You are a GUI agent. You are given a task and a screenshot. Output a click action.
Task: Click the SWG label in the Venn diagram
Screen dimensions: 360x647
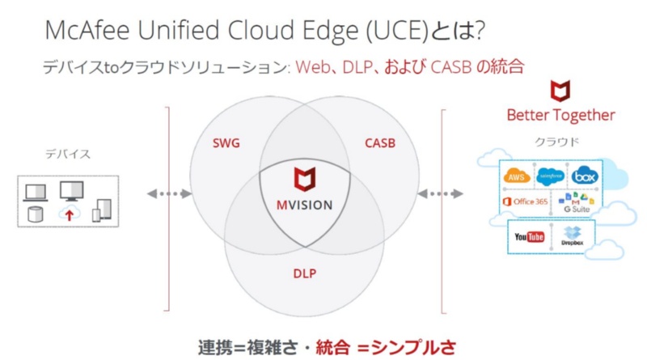(226, 145)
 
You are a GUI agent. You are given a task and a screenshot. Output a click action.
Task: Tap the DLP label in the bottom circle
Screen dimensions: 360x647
(304, 273)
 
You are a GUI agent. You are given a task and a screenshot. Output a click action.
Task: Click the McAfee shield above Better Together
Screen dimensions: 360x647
(560, 89)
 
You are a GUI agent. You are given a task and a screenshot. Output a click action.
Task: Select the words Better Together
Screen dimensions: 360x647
(560, 115)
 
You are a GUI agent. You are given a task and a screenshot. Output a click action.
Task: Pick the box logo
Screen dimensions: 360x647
(584, 176)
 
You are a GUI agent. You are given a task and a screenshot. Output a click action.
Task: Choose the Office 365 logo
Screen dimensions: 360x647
(524, 201)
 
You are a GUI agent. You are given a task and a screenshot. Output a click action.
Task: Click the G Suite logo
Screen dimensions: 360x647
(577, 203)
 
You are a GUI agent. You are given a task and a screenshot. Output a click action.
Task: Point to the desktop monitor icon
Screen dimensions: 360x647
(71, 191)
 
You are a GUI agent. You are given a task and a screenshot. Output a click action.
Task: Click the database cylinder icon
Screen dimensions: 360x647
(36, 214)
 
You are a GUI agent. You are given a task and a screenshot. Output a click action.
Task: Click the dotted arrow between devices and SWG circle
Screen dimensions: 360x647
(170, 194)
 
